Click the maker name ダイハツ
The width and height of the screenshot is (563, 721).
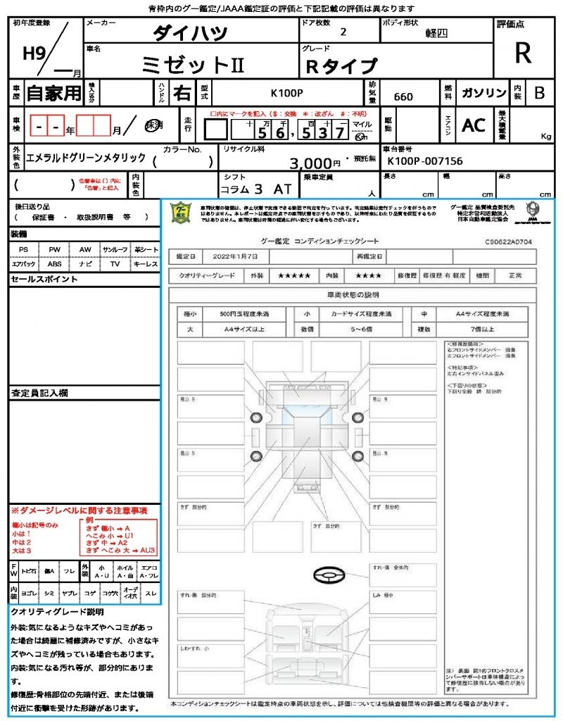tap(190, 33)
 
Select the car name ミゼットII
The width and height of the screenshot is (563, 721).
tap(193, 65)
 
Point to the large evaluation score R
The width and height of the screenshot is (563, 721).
tap(522, 54)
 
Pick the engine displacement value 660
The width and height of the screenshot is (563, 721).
tap(403, 96)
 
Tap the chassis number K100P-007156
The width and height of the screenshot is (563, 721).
tap(425, 161)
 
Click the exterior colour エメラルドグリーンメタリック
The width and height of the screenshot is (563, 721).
tap(86, 158)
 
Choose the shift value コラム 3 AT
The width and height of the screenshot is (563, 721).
tap(255, 189)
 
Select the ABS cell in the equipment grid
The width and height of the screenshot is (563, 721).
tap(54, 264)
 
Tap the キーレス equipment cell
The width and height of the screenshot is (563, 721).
tap(146, 264)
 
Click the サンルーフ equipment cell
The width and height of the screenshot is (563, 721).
tap(115, 250)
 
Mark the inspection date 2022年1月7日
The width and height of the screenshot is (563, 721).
tap(236, 256)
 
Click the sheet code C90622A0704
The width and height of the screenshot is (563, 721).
tap(508, 241)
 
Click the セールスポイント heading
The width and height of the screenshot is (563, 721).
tap(44, 280)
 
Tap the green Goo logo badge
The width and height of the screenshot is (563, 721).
tap(182, 213)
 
